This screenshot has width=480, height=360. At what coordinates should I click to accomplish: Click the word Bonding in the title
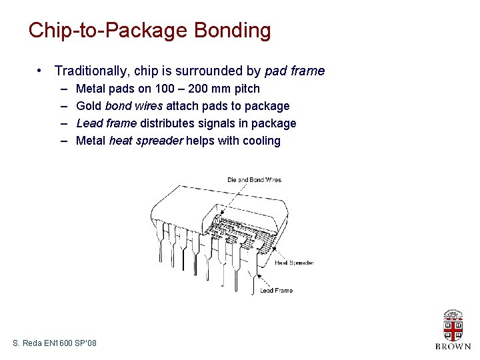(233, 31)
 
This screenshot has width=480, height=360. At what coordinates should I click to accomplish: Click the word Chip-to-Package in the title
(108, 31)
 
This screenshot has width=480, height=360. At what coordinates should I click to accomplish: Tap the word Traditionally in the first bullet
(90, 71)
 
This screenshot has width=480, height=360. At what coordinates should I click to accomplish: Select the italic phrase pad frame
(295, 71)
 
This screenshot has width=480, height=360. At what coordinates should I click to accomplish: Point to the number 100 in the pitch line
(165, 89)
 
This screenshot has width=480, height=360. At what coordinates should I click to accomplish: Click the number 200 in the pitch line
(198, 89)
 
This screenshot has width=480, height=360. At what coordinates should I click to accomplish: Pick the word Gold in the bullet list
(89, 106)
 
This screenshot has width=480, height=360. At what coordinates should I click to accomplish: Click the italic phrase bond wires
(134, 106)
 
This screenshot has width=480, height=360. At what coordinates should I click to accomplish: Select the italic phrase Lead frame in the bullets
(107, 123)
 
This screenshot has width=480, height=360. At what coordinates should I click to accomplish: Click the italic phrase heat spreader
(146, 141)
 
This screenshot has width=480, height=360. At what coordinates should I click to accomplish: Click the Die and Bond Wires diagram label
(254, 180)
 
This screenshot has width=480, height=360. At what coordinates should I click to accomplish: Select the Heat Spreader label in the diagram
(294, 263)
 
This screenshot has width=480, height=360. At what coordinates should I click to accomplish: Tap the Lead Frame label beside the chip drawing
(277, 290)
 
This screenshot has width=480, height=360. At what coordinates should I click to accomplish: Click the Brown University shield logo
(453, 325)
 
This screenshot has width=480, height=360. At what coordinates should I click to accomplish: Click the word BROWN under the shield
(453, 347)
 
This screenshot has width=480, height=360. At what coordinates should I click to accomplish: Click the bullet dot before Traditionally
(39, 71)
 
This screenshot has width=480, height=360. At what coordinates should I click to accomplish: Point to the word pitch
(247, 89)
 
